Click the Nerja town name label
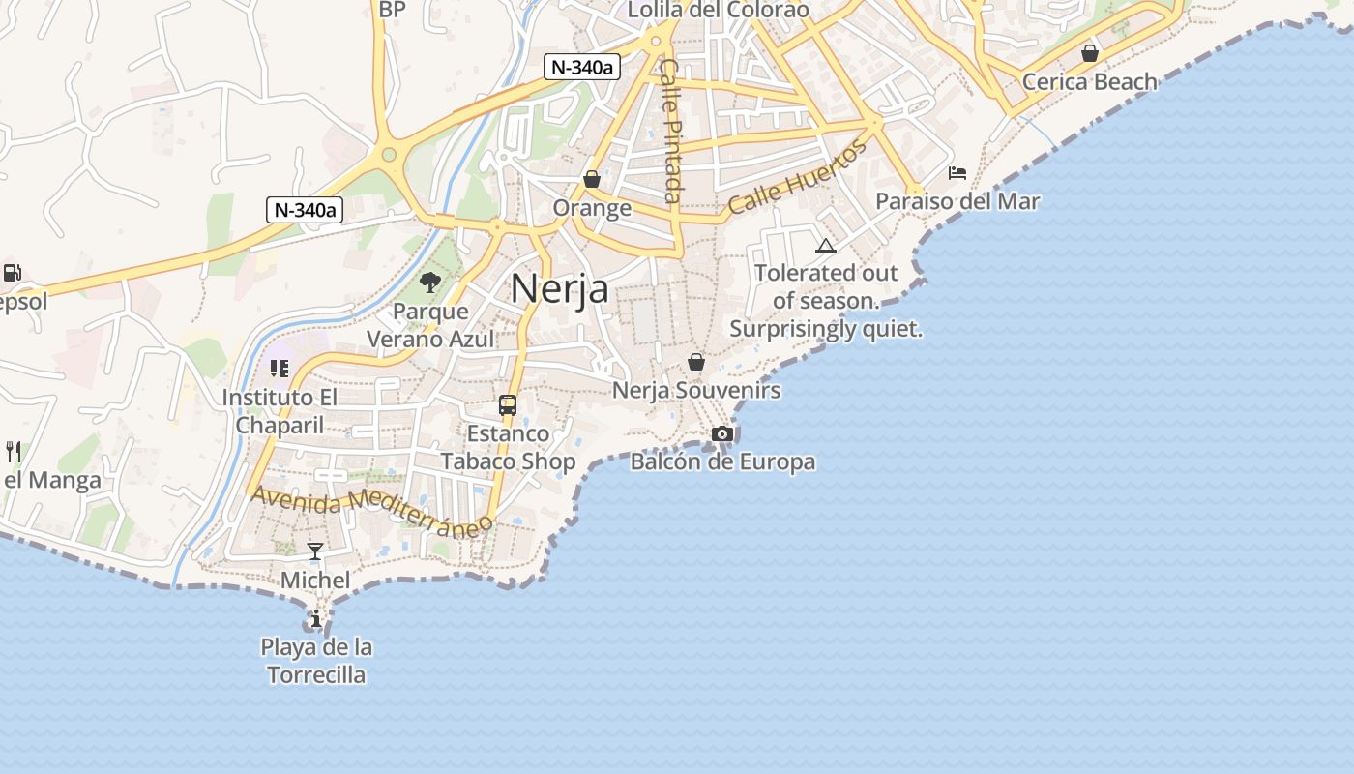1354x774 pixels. (560, 287)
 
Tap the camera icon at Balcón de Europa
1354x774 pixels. (722, 433)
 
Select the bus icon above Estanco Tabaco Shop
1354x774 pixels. (508, 404)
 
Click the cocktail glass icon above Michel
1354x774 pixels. (315, 551)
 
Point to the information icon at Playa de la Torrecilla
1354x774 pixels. (315, 618)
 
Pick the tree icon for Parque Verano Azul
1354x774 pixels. (430, 283)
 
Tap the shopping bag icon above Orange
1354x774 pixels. (592, 179)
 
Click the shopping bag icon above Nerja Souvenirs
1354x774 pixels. (695, 362)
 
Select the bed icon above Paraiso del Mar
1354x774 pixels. (957, 173)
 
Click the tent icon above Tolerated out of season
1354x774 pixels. (825, 246)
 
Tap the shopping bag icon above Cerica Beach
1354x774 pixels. (1090, 52)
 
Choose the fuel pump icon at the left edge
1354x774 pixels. (12, 273)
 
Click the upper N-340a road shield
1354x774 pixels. (581, 67)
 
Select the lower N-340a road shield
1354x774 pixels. (305, 210)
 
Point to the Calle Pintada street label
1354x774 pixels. (669, 130)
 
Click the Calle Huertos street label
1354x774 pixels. (798, 179)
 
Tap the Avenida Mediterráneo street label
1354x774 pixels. (372, 511)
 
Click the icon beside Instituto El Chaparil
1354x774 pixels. (280, 369)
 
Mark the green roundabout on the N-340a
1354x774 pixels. (389, 155)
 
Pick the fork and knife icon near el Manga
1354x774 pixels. (14, 451)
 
